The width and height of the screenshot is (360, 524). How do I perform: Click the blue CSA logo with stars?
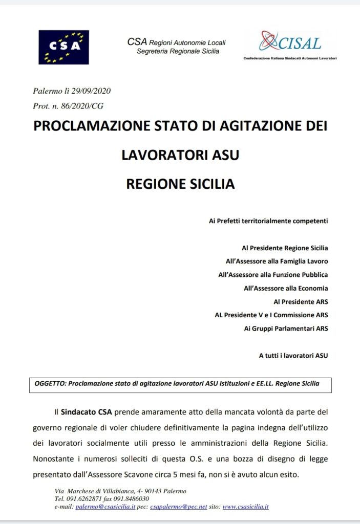pos(64,47)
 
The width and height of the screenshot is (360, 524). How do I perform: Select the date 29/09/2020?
pos(92,92)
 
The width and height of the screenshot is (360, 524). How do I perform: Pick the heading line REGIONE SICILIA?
pos(180,184)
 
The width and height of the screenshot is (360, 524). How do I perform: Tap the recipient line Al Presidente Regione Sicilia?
pos(285,248)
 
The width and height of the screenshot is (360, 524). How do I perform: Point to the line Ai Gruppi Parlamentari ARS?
pos(286,328)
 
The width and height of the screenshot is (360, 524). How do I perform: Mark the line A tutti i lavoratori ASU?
pos(293,355)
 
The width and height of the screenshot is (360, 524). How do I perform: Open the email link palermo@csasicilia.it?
pos(105,507)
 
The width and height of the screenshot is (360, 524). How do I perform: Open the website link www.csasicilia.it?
pos(245,507)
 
